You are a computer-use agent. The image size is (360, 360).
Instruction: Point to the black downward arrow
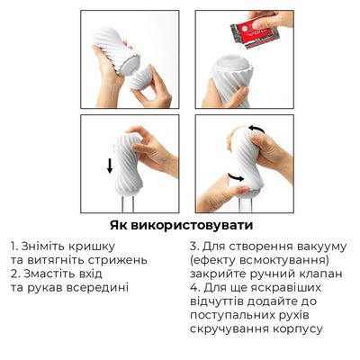(110, 166)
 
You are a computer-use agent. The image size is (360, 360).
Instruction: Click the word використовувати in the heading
(194, 225)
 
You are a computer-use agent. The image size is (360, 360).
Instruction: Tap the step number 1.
(14, 246)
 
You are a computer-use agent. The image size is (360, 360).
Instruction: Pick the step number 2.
(15, 274)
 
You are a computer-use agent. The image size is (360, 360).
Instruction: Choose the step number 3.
(195, 245)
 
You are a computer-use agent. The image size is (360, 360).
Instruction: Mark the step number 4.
(195, 287)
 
